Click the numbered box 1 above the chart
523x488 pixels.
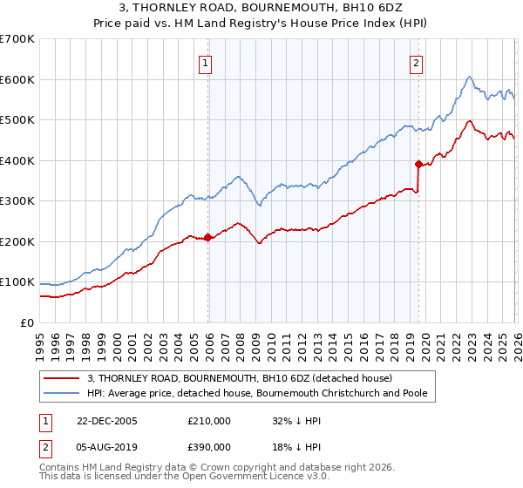(x=205, y=62)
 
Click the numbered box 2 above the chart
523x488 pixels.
(x=417, y=62)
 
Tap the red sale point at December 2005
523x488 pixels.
(x=207, y=237)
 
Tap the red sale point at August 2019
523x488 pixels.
(x=418, y=164)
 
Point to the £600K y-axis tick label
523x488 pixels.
(x=17, y=79)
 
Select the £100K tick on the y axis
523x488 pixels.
(x=17, y=282)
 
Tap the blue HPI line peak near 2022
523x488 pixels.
(x=469, y=77)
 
